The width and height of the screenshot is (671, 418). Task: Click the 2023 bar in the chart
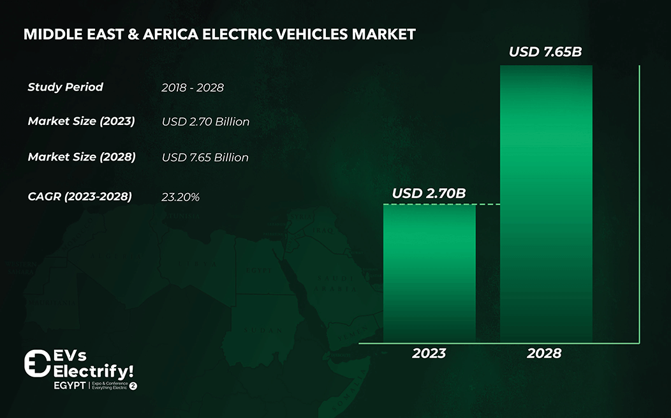pos(429,273)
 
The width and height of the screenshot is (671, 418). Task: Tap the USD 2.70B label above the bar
pos(429,192)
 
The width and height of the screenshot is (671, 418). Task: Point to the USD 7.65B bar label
pos(545,52)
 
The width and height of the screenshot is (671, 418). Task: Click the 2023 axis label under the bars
pos(429,353)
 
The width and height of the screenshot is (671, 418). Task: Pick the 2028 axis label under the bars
pos(544,353)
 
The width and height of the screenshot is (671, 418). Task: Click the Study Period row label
pos(65,87)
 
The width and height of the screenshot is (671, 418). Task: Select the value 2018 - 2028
pos(193,88)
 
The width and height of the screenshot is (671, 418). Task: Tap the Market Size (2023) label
pos(81,121)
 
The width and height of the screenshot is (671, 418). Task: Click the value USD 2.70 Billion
pos(205,122)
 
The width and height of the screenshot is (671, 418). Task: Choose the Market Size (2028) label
pos(82,157)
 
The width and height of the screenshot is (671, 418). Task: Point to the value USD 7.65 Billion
pos(205,157)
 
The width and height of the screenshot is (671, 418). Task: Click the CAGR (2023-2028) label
pos(80,196)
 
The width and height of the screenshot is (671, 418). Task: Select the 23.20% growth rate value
pos(181,198)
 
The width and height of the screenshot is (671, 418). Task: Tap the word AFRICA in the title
pos(161,34)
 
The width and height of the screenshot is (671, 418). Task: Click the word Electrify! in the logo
pos(94,371)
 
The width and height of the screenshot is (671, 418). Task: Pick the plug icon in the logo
pos(36,363)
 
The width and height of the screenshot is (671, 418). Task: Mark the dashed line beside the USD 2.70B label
pos(488,205)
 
